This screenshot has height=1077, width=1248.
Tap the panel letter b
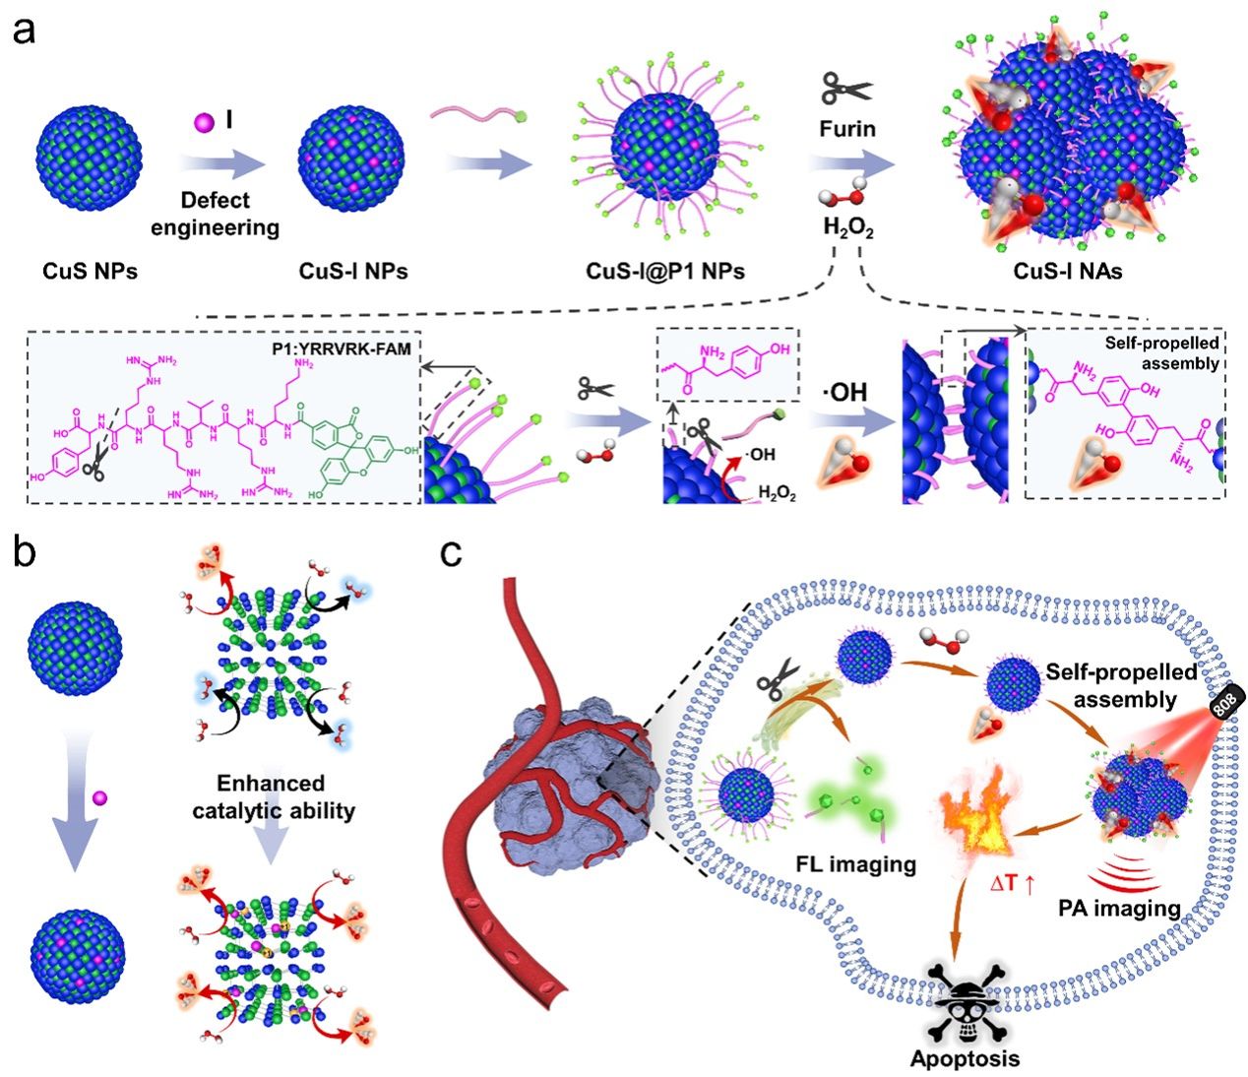point(24,553)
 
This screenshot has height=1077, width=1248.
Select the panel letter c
point(451,553)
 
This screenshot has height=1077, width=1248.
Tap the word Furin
point(846,129)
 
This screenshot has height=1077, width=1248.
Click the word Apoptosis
point(965,1059)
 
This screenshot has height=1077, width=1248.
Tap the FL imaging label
point(855,864)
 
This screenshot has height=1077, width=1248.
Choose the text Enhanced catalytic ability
point(272,797)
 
